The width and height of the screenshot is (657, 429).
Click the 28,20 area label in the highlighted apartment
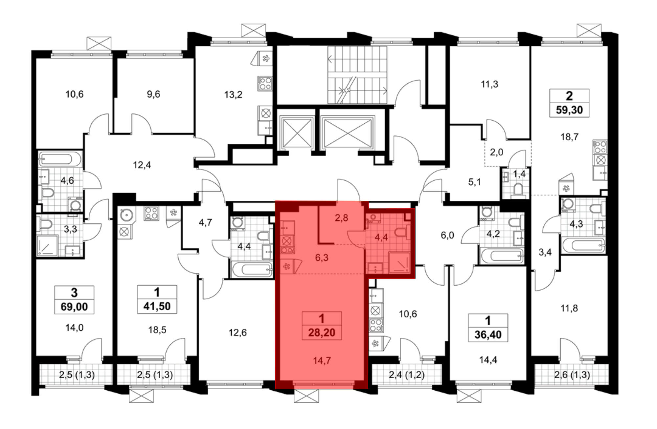[322, 333]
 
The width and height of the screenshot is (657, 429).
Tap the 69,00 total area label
[74, 307]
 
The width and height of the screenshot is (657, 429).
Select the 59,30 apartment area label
[569, 110]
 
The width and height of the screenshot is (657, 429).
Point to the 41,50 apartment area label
[157, 306]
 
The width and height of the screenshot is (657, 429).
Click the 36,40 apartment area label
[488, 335]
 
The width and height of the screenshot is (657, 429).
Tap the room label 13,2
[233, 95]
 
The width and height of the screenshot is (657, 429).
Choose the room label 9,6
[153, 94]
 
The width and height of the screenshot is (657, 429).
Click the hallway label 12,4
[142, 165]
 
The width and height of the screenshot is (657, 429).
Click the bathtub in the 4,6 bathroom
[59, 159]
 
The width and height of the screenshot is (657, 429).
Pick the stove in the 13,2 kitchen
[265, 83]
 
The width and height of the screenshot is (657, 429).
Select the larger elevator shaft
[348, 132]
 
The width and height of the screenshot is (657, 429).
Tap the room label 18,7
[569, 137]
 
